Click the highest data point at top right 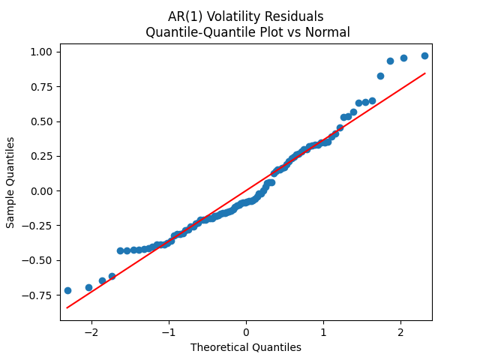424,55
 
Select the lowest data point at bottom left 67,290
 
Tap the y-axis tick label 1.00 42,52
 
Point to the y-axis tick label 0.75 42,87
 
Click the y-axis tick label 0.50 42,121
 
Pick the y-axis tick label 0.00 42,191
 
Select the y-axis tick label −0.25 39,226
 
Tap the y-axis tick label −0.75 39,295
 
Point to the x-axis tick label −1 169,332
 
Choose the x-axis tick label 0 246,332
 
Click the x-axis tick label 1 323,332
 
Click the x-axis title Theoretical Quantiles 246,347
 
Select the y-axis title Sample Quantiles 10,181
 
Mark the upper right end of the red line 425,73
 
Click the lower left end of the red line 67,307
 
